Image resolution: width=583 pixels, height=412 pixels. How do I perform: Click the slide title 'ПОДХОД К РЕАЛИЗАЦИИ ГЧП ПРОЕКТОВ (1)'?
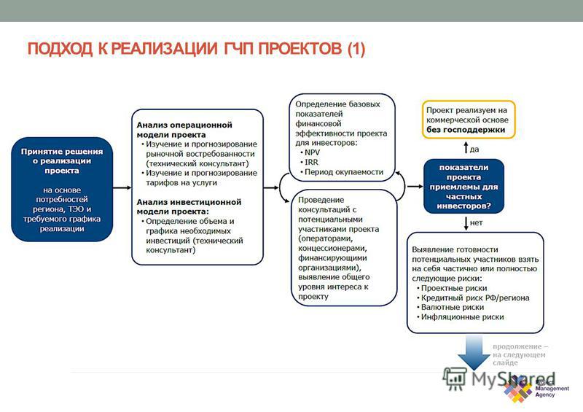point(196,49)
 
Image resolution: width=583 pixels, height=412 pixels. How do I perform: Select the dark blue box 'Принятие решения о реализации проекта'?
point(62,189)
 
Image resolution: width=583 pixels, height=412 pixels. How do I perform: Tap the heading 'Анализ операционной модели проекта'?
point(184,130)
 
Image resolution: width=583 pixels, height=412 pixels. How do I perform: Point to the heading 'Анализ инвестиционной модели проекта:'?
point(189,206)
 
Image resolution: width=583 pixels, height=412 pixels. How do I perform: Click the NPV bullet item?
point(310,152)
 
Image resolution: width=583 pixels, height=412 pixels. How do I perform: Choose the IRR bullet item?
point(309,163)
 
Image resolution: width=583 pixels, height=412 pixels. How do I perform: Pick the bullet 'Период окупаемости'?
point(342,172)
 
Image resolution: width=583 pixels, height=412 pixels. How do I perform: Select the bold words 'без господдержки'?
point(466,130)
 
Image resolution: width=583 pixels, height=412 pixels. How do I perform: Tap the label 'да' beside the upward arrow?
point(474,149)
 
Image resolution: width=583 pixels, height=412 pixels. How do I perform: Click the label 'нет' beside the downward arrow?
point(476,222)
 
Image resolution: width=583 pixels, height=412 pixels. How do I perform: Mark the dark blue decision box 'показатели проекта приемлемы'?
point(463,187)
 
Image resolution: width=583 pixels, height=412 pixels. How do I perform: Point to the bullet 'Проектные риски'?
point(452,288)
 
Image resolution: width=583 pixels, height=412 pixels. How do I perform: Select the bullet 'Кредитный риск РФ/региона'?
point(472,298)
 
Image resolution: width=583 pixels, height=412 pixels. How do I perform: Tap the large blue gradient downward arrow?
point(474,351)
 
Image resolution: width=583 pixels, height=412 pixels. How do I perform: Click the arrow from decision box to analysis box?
point(122,187)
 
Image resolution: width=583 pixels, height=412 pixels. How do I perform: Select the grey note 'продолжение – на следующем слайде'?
point(520,354)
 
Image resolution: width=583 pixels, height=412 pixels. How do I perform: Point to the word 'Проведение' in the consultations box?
point(321,200)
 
